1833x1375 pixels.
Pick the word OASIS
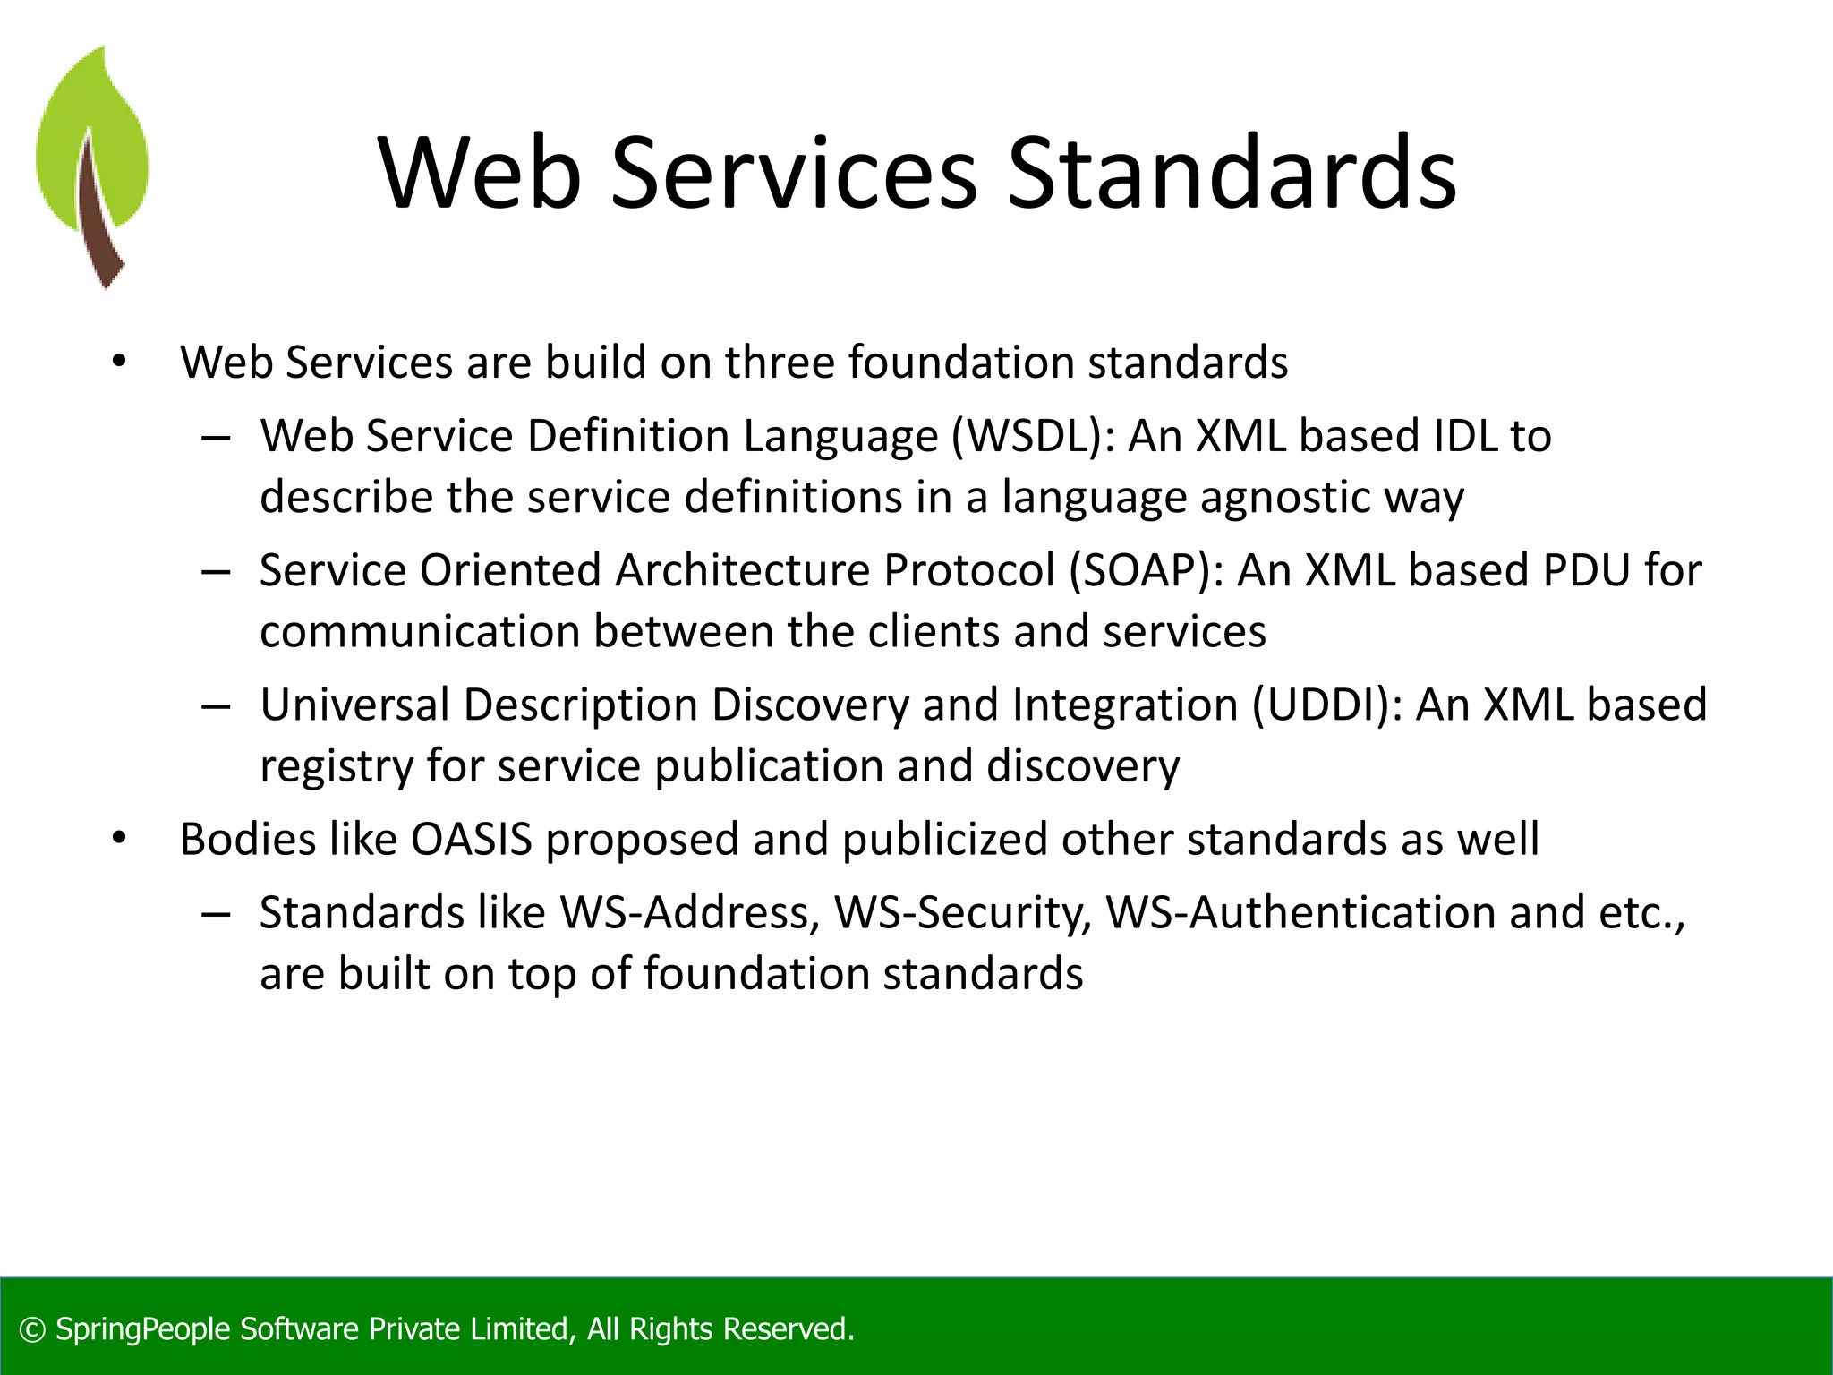pos(471,840)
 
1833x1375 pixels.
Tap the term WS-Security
pos(963,913)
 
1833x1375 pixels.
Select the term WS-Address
pos(690,913)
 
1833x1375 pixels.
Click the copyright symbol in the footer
pos(32,1330)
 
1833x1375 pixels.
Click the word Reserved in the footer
pos(788,1329)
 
